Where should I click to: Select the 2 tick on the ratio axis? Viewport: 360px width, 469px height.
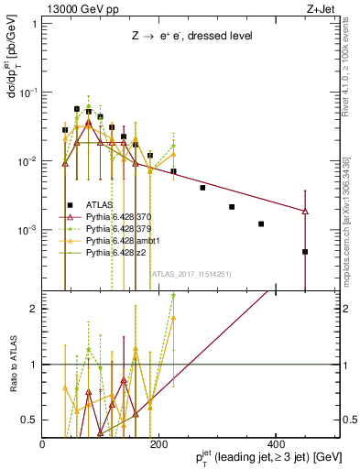[35, 309]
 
